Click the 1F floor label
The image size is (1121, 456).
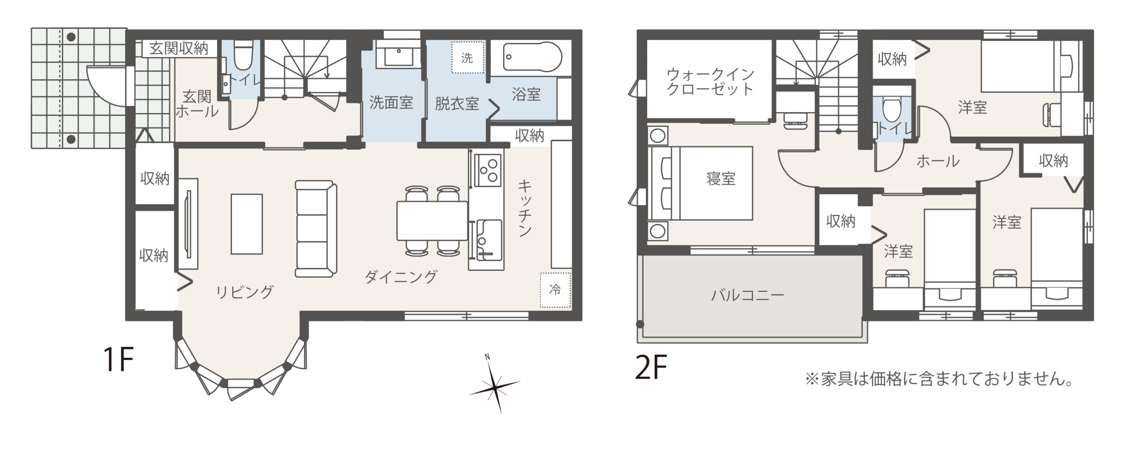[118, 360]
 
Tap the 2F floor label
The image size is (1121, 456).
[651, 368]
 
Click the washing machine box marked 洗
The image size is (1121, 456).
[467, 57]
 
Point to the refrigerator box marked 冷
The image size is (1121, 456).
[555, 290]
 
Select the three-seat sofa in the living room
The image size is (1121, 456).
[316, 229]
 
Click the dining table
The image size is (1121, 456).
[432, 220]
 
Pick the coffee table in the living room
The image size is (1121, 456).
[247, 224]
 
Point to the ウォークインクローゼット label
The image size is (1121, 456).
[709, 81]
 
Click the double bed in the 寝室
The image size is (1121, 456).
[700, 183]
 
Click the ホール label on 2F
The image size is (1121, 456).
[938, 161]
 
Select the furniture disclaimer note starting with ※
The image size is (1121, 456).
[940, 379]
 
